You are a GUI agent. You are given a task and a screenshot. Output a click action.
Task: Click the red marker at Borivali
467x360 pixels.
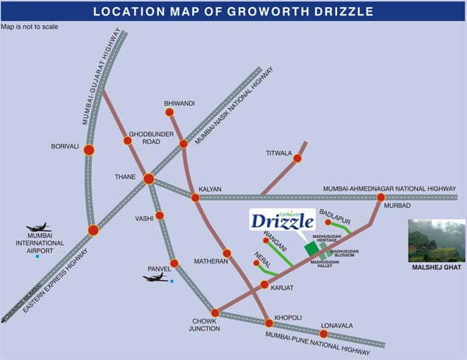click(x=89, y=150)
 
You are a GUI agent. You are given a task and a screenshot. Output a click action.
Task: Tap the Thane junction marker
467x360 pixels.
click(x=149, y=179)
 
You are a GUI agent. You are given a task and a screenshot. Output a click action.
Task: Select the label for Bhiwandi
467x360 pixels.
click(x=178, y=103)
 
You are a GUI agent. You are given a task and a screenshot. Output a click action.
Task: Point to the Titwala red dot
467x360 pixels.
click(x=297, y=159)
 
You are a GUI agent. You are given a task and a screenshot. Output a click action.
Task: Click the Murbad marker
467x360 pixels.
click(x=381, y=197)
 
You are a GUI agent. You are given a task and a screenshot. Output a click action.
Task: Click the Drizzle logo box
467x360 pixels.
click(x=281, y=221)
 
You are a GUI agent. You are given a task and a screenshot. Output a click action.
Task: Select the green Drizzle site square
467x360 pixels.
click(x=311, y=248)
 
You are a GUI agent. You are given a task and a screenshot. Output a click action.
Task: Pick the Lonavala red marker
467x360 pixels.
click(x=324, y=334)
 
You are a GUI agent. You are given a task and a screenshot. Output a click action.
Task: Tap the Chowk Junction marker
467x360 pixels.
click(x=216, y=313)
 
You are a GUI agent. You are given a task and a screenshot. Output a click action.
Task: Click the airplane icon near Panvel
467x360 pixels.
click(x=156, y=278)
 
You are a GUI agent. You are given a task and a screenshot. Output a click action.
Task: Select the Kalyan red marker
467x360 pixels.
click(x=195, y=197)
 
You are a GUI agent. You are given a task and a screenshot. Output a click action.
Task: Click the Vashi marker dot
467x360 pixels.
click(x=160, y=215)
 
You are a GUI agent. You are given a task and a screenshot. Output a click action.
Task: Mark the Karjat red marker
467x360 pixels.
click(x=265, y=287)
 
